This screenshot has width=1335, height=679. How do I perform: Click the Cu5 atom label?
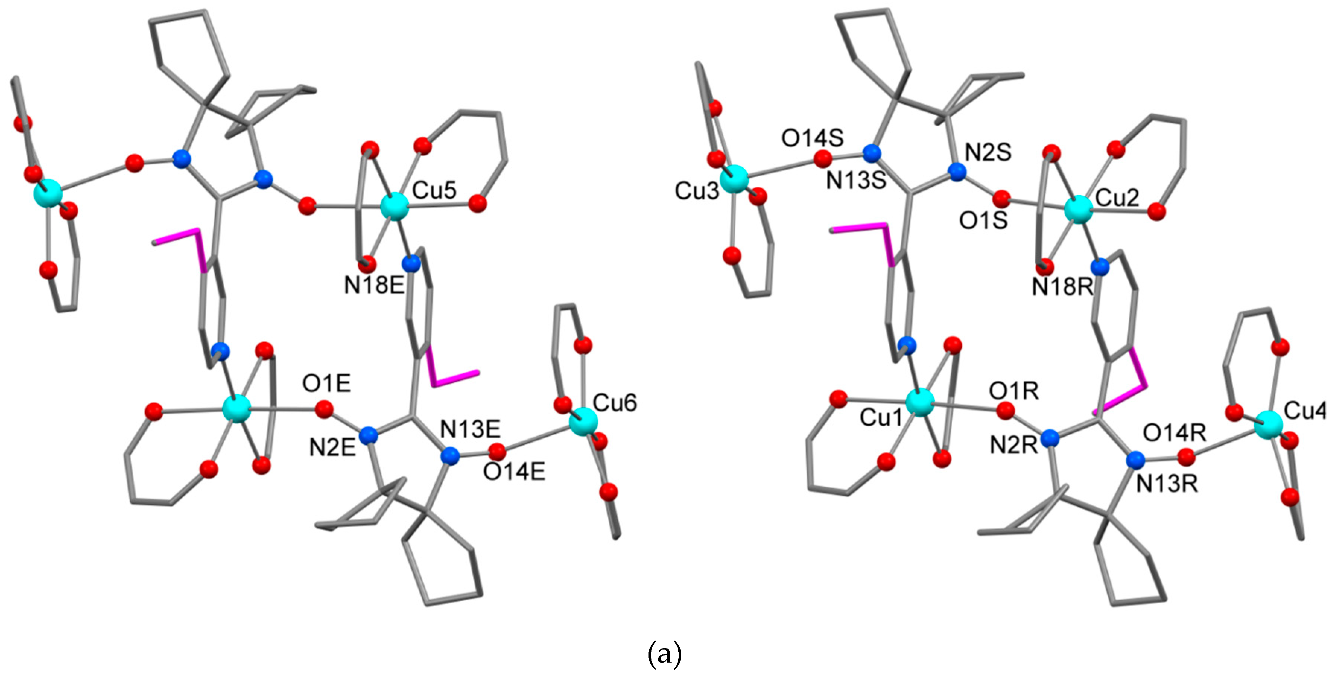[x=434, y=191]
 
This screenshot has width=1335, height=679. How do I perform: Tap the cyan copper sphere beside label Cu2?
[x=1078, y=210]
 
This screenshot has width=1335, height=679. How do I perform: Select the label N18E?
[x=374, y=285]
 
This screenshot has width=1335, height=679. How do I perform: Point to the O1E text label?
[x=327, y=384]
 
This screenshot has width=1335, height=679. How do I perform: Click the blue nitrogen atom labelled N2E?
[x=368, y=435]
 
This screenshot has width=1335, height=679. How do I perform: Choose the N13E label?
[x=470, y=430]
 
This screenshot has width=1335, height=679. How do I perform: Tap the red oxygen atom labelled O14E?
[x=498, y=451]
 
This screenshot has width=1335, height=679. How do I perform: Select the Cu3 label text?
[x=697, y=191]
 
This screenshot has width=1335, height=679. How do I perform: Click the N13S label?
[x=856, y=181]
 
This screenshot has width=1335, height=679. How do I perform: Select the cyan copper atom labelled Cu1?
[x=920, y=403]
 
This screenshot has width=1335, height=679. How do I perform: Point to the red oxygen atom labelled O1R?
[x=1005, y=411]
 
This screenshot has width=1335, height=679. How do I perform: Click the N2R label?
[x=1014, y=445]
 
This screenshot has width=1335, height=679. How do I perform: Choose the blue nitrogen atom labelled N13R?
[x=1135, y=460]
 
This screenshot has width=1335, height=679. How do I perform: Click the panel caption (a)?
[x=665, y=655]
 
